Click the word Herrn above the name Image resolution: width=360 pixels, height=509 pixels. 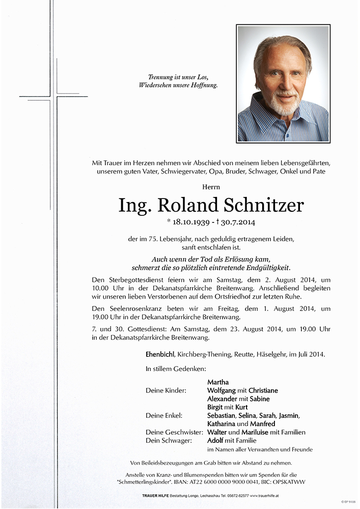tap(211, 187)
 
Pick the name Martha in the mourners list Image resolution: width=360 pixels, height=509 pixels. tap(218, 382)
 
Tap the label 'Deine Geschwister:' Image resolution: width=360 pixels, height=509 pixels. tap(173, 432)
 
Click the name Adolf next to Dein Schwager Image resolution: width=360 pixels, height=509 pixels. tap(216, 440)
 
